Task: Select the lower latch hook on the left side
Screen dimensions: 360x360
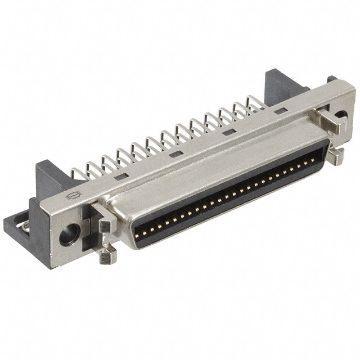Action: [x=106, y=256]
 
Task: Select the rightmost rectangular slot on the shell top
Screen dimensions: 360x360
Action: [x=280, y=112]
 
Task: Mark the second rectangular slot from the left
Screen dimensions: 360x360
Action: [x=176, y=154]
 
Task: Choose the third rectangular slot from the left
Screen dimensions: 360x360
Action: [x=228, y=133]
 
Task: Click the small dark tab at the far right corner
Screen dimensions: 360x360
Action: [x=332, y=79]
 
